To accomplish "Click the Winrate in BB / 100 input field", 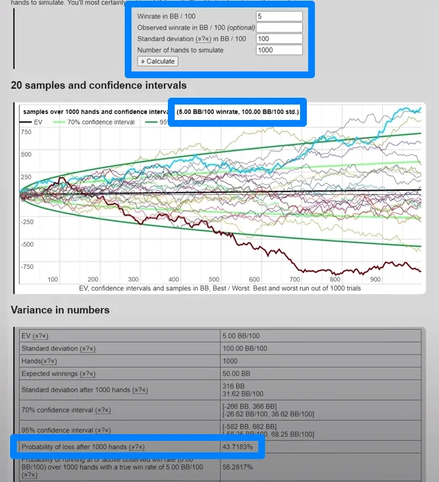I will click(x=279, y=16).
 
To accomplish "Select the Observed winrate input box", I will click(x=279, y=28).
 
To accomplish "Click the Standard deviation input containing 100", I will click(x=279, y=39).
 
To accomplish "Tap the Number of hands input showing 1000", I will click(x=279, y=50).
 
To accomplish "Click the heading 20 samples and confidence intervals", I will click(x=98, y=86).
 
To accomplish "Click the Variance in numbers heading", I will click(x=60, y=310).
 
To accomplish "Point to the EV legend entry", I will click(x=34, y=122).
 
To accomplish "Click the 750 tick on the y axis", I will click(x=26, y=132).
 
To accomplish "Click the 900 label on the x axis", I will click(x=375, y=279).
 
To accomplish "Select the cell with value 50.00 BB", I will click(x=237, y=373).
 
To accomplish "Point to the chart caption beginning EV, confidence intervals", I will click(x=219, y=289).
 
